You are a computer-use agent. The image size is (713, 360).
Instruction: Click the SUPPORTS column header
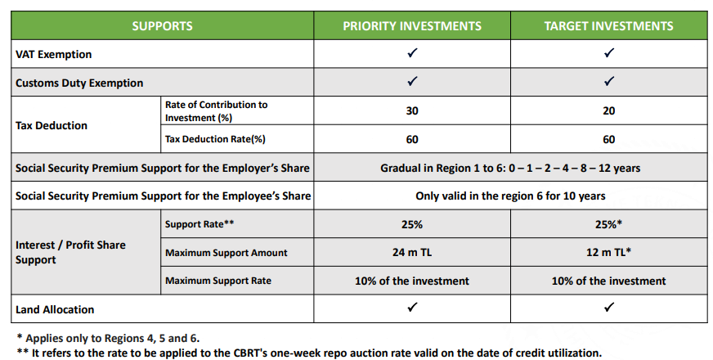coord(162,26)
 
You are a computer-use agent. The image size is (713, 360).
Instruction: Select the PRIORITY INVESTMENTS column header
coord(412,26)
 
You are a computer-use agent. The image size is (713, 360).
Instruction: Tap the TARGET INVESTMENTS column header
coord(608,26)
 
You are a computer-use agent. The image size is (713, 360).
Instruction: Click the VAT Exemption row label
coord(54,55)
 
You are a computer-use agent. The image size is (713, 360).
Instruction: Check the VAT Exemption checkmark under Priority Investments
coord(412,54)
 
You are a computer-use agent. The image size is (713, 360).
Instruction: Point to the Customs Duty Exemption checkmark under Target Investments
coord(608,82)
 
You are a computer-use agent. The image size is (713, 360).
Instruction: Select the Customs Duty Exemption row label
coord(79,83)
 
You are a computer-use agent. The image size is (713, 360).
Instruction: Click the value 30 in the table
coord(412,111)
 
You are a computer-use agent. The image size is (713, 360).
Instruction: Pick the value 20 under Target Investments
coord(608,111)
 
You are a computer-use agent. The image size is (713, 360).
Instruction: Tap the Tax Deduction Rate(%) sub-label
coord(215,139)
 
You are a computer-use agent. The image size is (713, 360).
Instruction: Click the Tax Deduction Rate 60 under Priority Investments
coord(412,139)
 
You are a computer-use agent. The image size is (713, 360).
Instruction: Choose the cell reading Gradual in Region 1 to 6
coord(510,168)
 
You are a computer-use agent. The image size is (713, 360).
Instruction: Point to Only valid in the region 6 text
coord(510,196)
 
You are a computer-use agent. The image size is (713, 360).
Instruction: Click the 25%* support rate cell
coord(608,224)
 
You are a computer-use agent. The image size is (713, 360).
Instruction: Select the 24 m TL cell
coord(412,253)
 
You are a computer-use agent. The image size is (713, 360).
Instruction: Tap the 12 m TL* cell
coord(608,253)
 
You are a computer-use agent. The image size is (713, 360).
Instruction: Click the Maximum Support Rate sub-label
coord(218,281)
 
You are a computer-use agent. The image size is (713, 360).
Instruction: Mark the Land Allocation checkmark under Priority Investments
coord(412,308)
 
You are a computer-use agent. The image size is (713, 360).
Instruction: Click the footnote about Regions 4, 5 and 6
coord(107,337)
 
